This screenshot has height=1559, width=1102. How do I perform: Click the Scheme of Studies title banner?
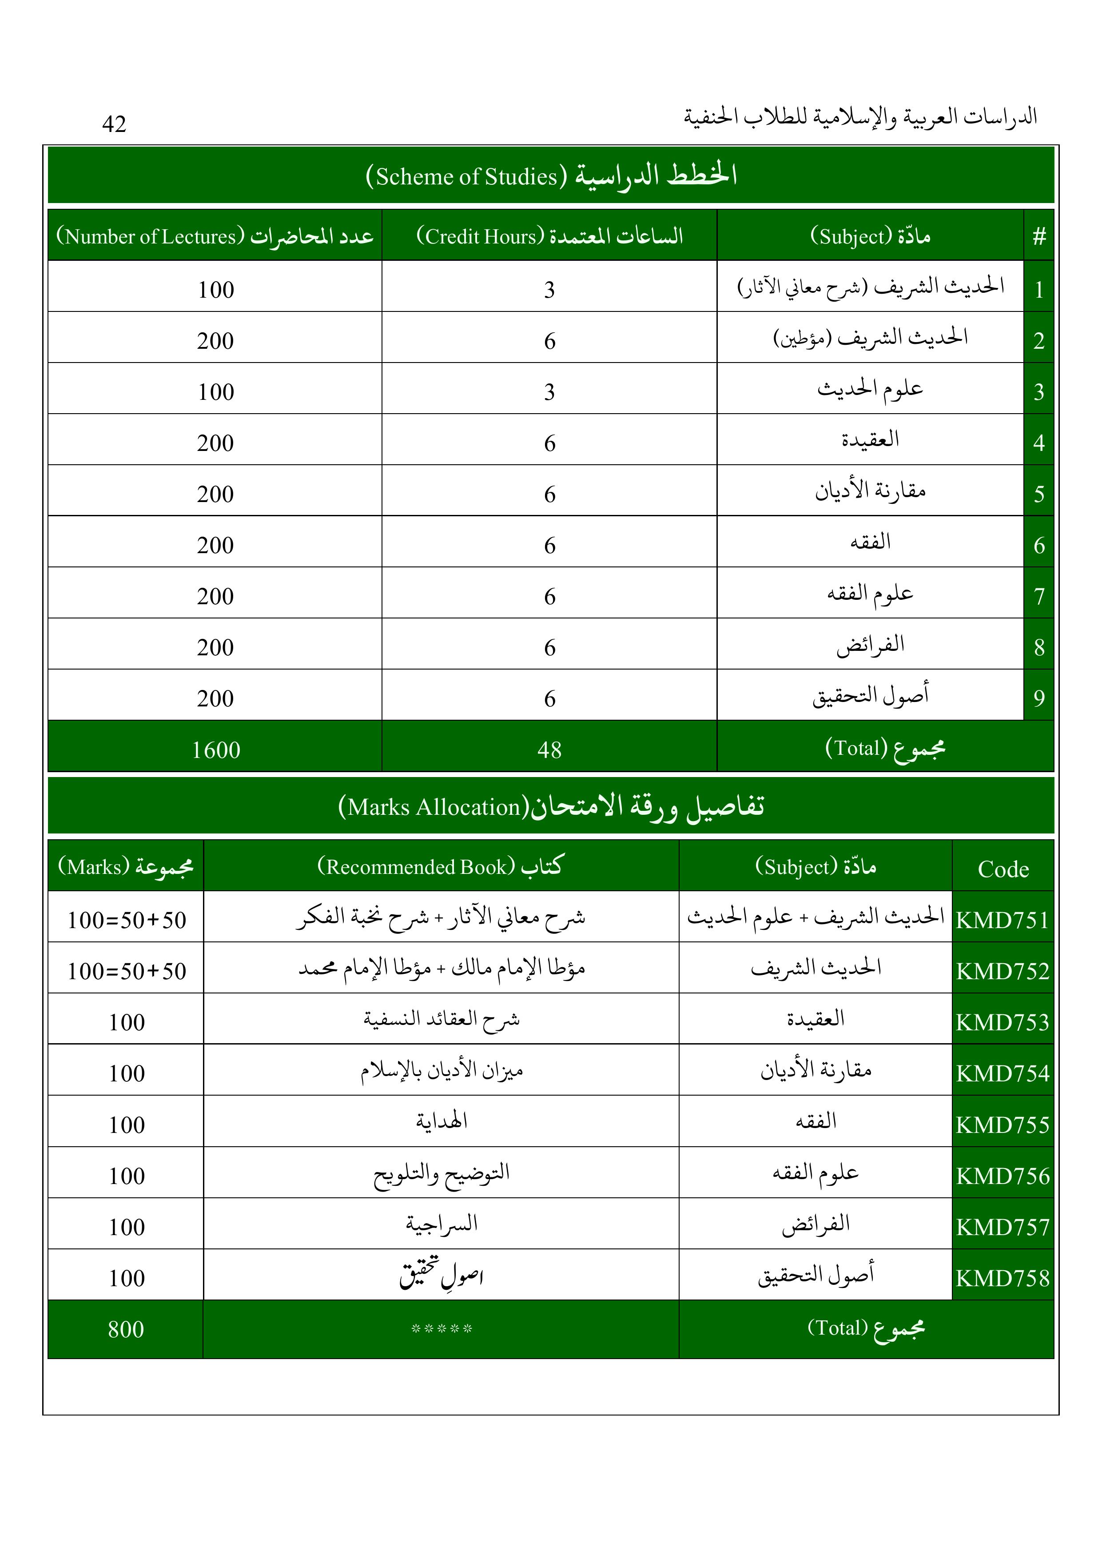551,175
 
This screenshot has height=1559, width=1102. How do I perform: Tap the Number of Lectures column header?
215,235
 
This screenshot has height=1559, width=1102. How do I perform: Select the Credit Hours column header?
549,235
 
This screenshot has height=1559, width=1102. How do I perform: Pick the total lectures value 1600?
215,750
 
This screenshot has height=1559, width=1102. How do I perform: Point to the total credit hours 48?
549,750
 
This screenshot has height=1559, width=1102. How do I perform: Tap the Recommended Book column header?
441,866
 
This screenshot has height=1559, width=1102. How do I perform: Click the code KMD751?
1003,920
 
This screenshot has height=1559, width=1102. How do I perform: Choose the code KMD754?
1003,1073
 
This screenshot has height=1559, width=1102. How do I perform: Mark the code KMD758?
1003,1278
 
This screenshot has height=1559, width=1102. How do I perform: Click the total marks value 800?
126,1329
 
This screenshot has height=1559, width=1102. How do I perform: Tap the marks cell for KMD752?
126,971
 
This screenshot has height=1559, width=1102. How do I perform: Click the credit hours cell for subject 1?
549,289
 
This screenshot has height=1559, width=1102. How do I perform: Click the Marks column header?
126,866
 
